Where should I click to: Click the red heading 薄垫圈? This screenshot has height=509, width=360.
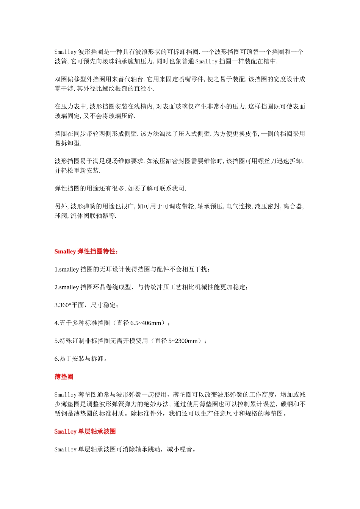click(64, 377)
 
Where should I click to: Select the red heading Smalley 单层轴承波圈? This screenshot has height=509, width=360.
click(85, 431)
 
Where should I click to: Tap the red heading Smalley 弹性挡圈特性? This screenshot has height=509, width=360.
click(86, 251)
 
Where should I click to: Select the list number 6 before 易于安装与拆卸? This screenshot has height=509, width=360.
click(56, 359)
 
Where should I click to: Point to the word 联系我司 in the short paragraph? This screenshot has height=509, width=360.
click(172, 189)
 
